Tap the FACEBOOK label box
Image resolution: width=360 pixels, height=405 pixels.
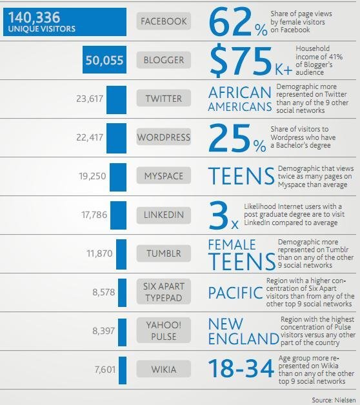pos(163,21)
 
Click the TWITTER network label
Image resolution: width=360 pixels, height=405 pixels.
pos(163,99)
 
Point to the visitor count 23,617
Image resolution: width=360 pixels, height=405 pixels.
pos(90,99)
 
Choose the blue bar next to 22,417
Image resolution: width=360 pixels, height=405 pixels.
pos(116,137)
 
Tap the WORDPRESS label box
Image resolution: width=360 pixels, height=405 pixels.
pos(163,137)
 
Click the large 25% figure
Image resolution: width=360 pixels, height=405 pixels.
pos(236,138)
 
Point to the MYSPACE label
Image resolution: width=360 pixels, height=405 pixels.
pos(163,176)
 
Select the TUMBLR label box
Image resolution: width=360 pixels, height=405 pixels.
pos(163,253)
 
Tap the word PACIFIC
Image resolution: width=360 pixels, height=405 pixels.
pos(235,293)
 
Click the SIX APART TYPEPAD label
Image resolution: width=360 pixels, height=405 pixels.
pos(163,292)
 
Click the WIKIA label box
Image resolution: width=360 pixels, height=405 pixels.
pos(163,370)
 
